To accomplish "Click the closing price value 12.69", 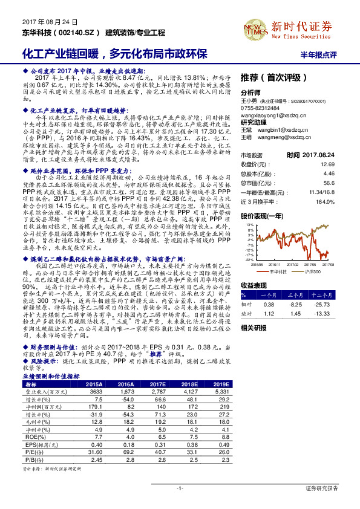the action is [327, 164].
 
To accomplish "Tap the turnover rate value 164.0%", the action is [326, 201].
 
